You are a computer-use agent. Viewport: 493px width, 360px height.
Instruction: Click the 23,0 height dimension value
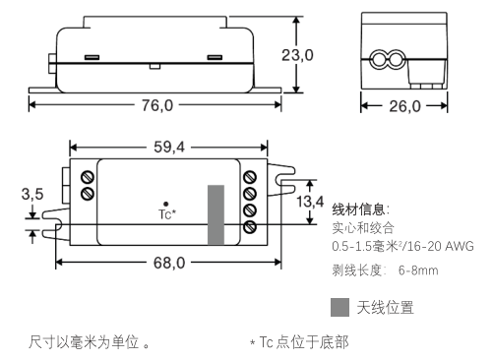pos(297,55)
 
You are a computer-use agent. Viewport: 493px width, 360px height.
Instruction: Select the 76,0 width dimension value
pos(157,105)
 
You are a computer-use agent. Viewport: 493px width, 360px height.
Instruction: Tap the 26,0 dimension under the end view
pos(404,106)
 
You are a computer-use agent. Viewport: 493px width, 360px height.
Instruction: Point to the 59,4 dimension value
pos(169,147)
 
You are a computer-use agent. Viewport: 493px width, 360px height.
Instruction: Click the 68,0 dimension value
pos(169,263)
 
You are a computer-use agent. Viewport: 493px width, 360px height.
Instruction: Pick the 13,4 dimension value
pos(310,202)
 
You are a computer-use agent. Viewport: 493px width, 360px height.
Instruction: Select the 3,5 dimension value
pos(32,194)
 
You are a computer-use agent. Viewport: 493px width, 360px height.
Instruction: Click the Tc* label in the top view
pos(167,214)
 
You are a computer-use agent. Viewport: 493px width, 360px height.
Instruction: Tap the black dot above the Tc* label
pos(166,204)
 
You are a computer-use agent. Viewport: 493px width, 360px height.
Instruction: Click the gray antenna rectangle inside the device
pos(216,214)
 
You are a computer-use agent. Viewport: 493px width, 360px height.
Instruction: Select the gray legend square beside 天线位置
pos(339,307)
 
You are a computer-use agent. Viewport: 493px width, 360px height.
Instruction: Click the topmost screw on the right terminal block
pos(250,177)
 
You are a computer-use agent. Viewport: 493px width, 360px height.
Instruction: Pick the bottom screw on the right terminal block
pos(250,227)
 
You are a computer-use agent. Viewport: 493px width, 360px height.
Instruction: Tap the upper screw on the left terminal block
pos(88,177)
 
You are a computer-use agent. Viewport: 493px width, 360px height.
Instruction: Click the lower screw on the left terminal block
pos(88,193)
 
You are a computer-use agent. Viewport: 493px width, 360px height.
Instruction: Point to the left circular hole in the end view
pos(380,60)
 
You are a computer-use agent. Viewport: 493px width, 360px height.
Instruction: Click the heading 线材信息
pos(358,210)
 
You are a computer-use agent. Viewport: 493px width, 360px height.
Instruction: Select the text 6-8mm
pos(418,270)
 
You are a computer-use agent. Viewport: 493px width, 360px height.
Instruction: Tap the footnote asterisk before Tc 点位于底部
pos(252,343)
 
